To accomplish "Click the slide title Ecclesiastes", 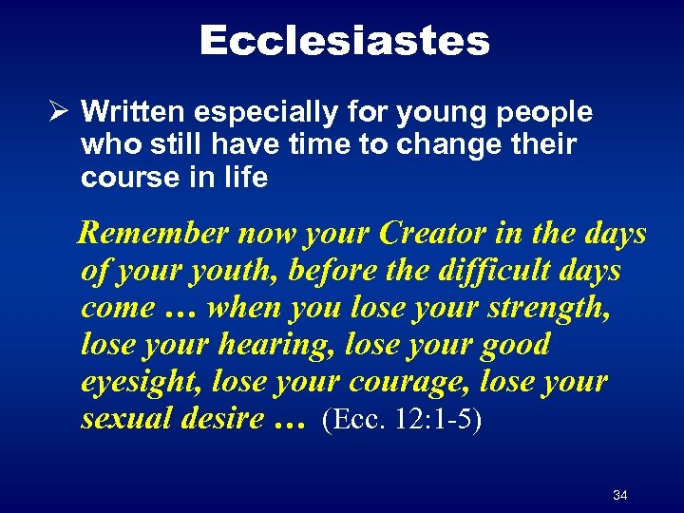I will click(x=344, y=40).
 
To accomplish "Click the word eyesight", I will click(x=142, y=381).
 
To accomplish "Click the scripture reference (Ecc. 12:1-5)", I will click(x=402, y=419).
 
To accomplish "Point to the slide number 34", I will click(x=620, y=496).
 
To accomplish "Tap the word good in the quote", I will click(x=511, y=344).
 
